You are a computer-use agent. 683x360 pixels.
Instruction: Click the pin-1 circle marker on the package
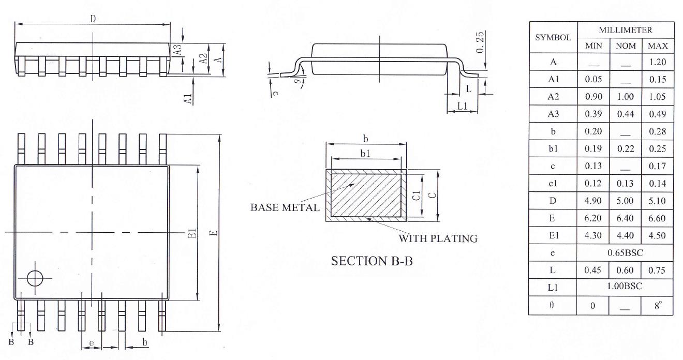click(35, 278)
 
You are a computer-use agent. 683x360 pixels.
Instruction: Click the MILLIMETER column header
click(626, 31)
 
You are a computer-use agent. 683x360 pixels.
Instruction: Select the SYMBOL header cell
click(553, 37)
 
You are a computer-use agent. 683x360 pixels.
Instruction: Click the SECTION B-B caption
click(372, 261)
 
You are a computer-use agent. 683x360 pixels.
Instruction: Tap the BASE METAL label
click(285, 207)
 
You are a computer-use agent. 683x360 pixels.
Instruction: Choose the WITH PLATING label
click(437, 238)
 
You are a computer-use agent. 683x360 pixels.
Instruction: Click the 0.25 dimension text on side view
click(480, 42)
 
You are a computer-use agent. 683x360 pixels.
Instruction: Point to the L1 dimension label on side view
click(462, 107)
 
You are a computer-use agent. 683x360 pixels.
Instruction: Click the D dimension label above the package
click(93, 19)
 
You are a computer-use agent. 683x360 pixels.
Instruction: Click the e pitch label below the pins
click(92, 342)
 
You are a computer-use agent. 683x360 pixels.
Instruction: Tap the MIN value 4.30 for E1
click(593, 235)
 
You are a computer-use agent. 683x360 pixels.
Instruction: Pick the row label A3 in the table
click(553, 114)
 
